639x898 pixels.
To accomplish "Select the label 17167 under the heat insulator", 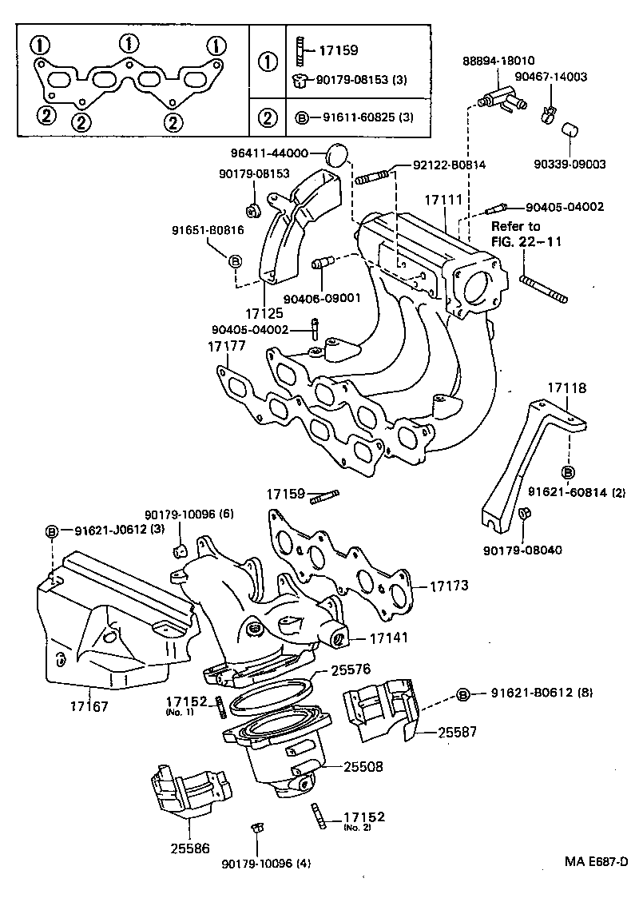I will coord(88,706).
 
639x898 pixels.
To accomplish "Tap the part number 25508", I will coord(363,766).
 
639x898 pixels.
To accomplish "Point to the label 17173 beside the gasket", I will coord(449,586).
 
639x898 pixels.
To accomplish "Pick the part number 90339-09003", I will coord(570,164).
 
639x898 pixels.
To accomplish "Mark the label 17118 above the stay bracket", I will coord(567,388).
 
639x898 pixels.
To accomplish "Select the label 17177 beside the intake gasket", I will coord(227,346).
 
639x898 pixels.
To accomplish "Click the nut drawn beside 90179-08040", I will coord(525,514).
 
